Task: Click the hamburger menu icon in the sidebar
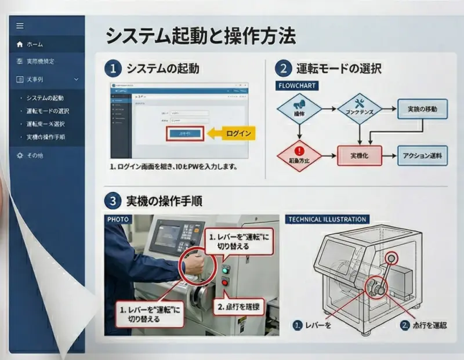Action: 20,26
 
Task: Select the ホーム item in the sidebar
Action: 34,44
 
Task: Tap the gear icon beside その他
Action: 20,155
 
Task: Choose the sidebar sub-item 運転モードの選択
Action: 48,111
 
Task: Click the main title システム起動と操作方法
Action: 200,36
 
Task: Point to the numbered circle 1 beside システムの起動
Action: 113,68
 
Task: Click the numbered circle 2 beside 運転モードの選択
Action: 283,68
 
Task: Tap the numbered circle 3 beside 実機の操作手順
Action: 113,201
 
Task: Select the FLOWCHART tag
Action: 298,85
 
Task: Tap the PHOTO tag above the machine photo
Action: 118,220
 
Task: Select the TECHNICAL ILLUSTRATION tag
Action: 328,220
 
